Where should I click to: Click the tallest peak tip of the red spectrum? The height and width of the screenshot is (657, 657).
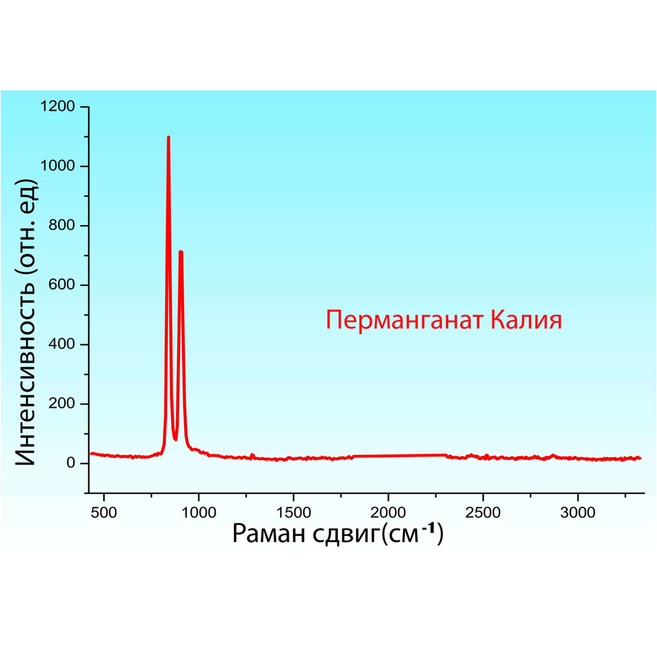(168, 138)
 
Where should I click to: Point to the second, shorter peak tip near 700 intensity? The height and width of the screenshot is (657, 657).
(181, 252)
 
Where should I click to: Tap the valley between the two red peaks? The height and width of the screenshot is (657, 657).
(175, 439)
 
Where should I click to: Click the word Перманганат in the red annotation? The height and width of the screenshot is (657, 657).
(404, 320)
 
